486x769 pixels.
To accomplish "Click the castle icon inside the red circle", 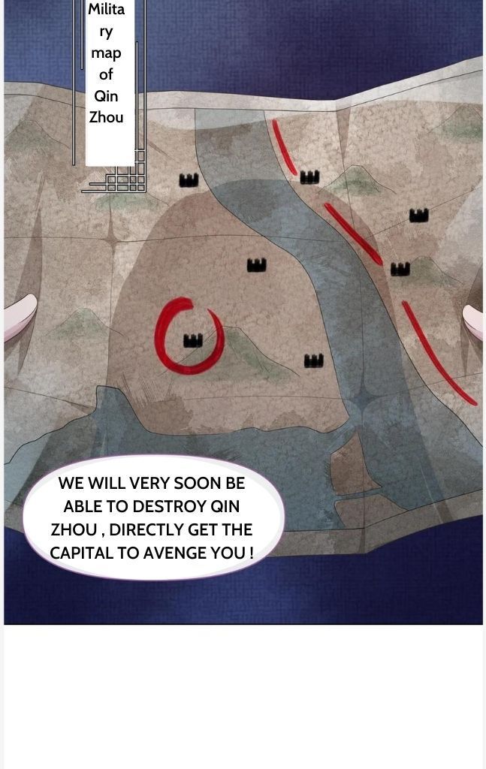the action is pyautogui.click(x=193, y=340).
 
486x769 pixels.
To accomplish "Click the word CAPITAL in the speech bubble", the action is pyautogui.click(x=80, y=553).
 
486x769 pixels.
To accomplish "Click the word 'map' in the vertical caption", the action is pyautogui.click(x=106, y=53).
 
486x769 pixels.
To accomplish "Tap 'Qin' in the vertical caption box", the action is pyautogui.click(x=106, y=95).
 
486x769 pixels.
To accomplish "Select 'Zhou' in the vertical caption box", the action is pyautogui.click(x=106, y=117).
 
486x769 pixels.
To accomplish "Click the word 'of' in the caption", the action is pyautogui.click(x=106, y=74).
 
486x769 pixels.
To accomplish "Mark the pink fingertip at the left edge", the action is pyautogui.click(x=20, y=317).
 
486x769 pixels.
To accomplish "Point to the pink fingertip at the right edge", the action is pyautogui.click(x=473, y=321).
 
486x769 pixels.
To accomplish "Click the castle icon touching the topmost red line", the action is pyautogui.click(x=309, y=176).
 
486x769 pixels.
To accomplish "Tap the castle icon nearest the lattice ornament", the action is pyautogui.click(x=189, y=180).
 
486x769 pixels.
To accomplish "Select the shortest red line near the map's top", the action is pyautogui.click(x=285, y=147).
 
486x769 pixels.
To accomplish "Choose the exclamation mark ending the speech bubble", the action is pyautogui.click(x=251, y=553).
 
